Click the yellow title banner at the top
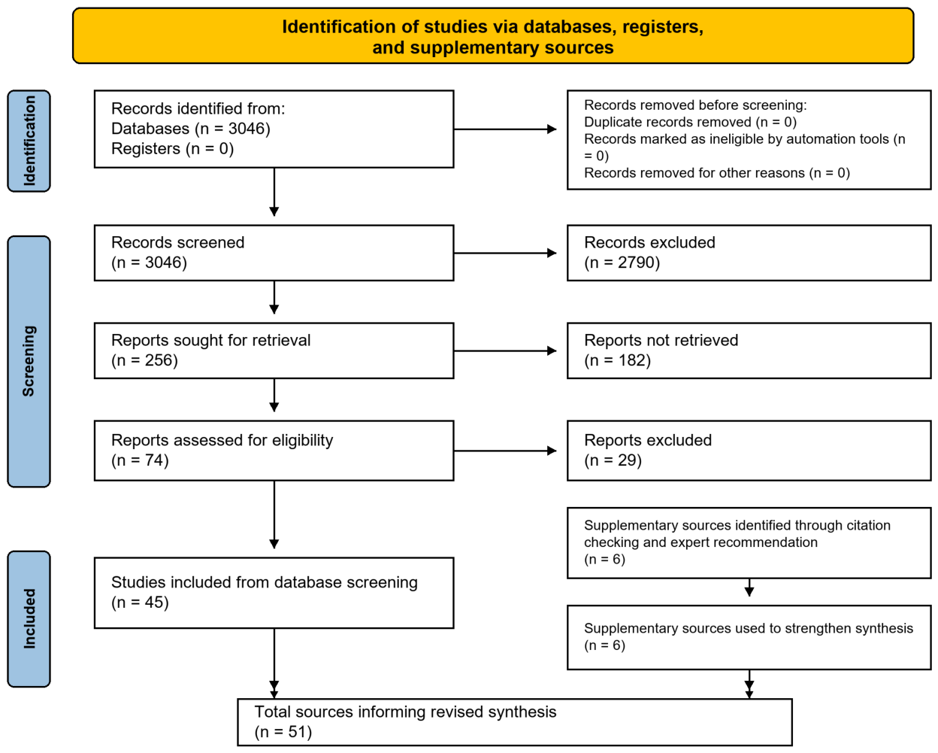click(493, 36)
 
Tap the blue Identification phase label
click(29, 141)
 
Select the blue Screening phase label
click(29, 362)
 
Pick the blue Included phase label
click(29, 619)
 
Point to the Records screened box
click(274, 253)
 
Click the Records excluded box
click(749, 253)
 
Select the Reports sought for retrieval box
click(274, 351)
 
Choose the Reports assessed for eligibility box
click(274, 451)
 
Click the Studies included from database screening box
click(274, 593)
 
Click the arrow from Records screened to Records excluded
click(505, 253)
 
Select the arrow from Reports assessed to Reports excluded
click(505, 451)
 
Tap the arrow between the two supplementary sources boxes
click(749, 588)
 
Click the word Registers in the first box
click(146, 149)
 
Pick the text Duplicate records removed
click(667, 122)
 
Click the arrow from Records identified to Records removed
click(505, 129)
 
